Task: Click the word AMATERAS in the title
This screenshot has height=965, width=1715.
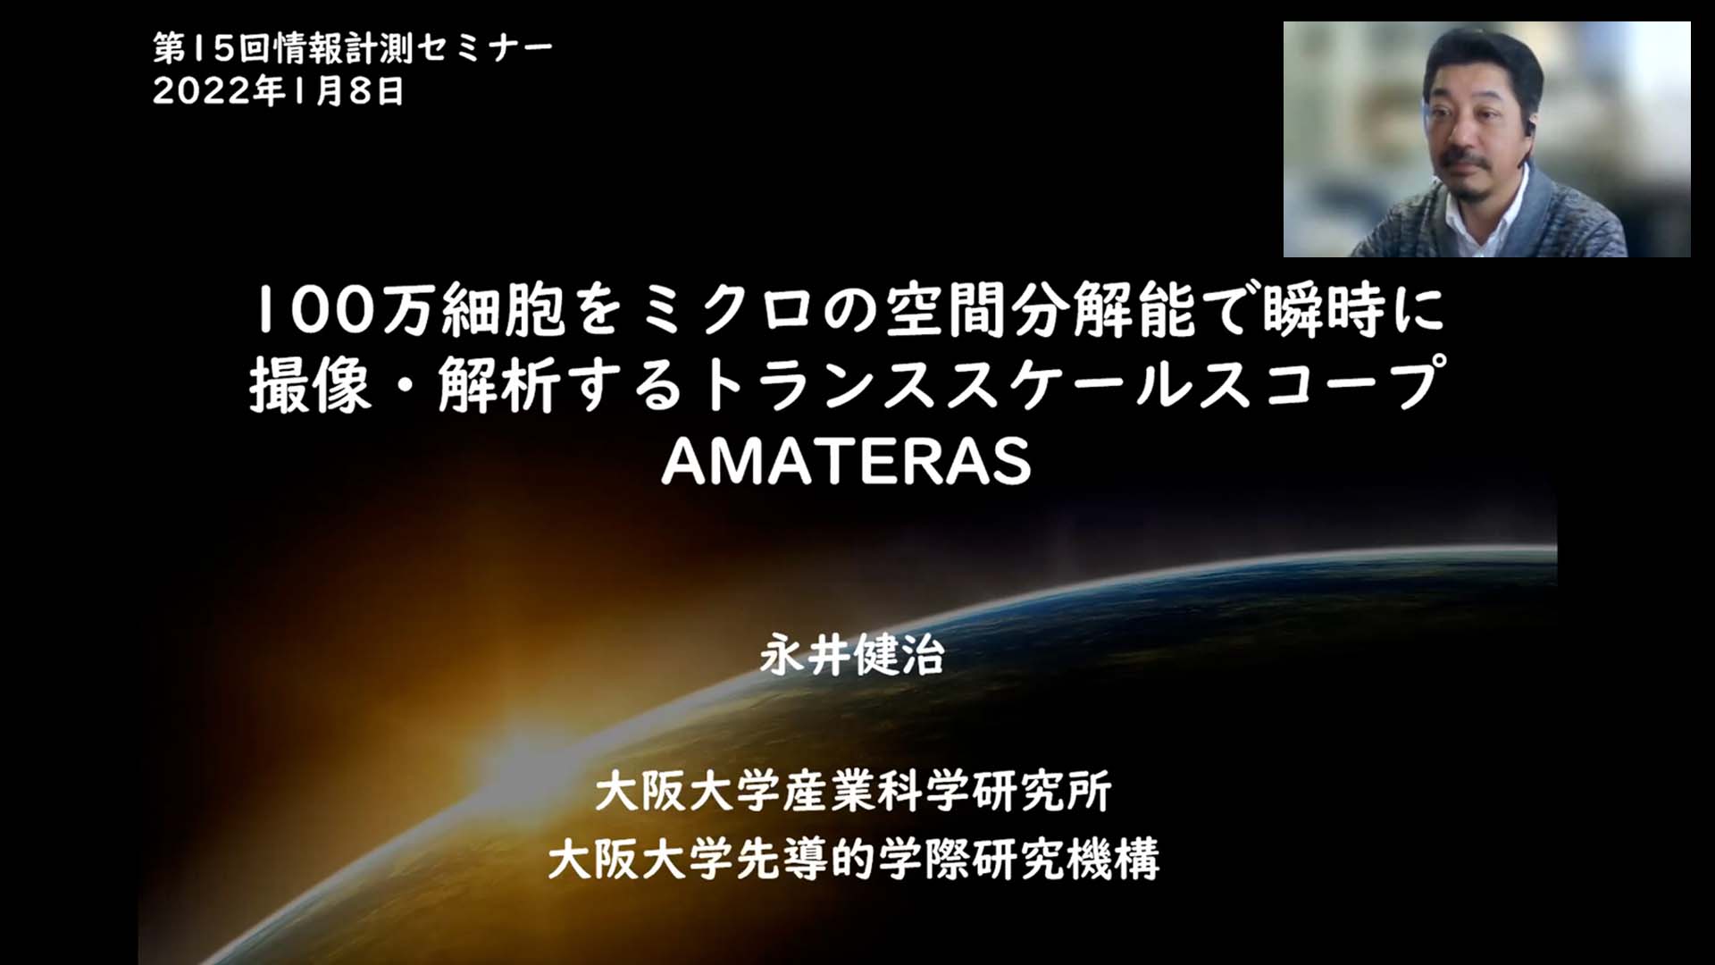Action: pos(846,461)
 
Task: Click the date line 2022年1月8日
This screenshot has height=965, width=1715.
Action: pos(278,90)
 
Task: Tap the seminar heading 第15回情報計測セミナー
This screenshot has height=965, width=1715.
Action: pos(353,48)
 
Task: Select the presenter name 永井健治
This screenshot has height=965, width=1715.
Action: pos(852,655)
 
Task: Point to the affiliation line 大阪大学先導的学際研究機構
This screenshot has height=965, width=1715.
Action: pos(853,859)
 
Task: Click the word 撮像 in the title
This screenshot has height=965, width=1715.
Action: pos(309,385)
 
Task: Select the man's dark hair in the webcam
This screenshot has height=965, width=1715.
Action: pos(1483,63)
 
